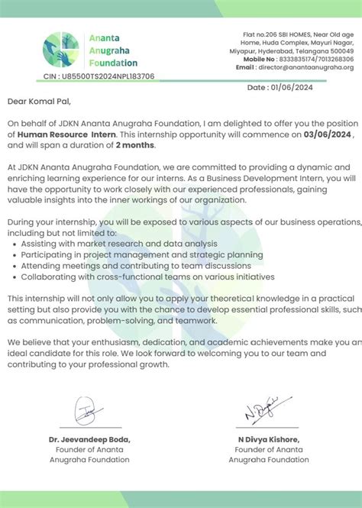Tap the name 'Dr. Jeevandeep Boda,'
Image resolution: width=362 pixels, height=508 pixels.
pos(90,439)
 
